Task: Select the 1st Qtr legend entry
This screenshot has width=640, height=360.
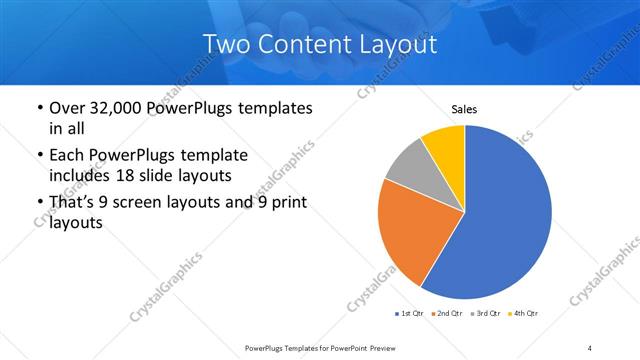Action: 410,314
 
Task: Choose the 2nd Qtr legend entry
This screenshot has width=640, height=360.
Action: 447,314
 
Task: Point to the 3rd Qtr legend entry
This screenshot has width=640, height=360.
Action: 485,314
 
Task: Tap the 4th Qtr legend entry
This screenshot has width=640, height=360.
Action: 523,314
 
